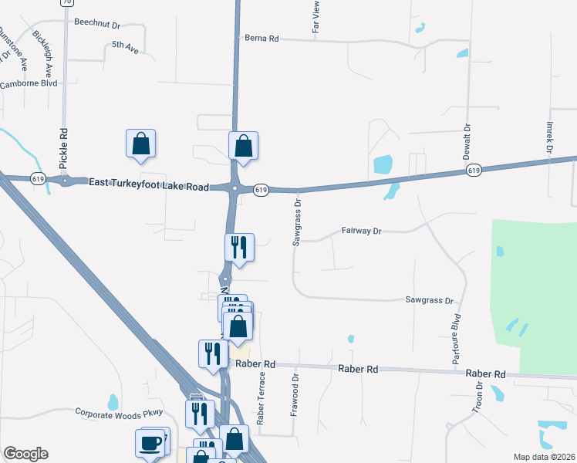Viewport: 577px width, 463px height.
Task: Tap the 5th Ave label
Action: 125,46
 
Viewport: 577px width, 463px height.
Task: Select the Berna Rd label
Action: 261,38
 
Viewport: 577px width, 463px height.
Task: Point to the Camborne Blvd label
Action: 29,83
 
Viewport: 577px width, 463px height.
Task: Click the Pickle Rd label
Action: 63,149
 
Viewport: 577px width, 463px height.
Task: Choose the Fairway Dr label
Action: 362,231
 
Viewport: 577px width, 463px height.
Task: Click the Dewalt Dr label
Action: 467,142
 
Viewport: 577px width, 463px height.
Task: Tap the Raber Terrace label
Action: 261,398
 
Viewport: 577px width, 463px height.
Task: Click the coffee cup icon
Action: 151,444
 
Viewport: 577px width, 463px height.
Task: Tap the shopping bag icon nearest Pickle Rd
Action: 140,144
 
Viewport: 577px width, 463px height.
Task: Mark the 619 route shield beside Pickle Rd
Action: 38,178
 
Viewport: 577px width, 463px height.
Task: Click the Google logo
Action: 25,454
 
